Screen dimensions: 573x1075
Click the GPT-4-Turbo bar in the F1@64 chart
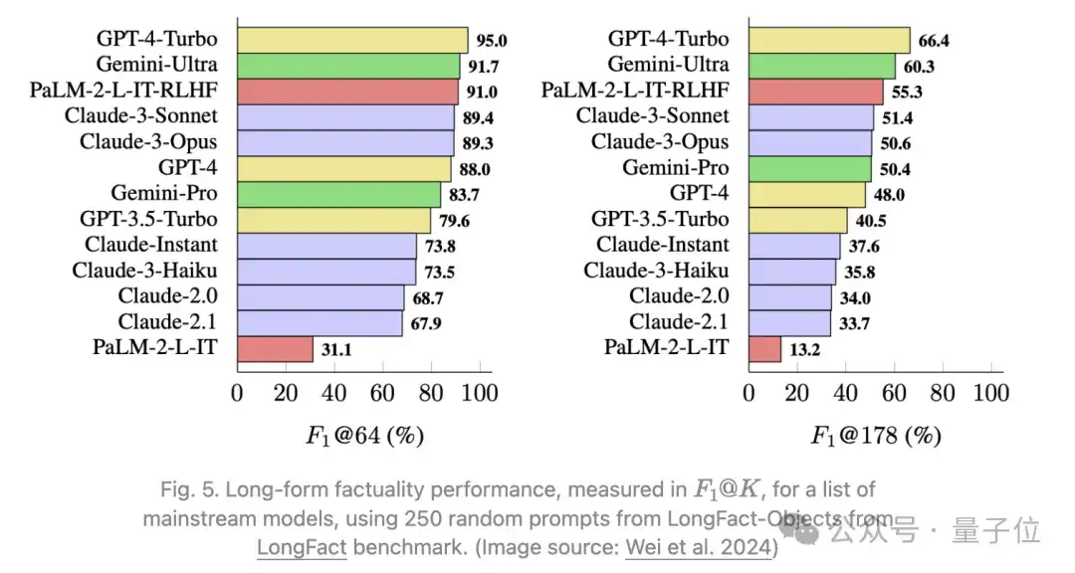click(x=352, y=40)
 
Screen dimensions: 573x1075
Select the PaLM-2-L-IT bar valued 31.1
click(x=275, y=349)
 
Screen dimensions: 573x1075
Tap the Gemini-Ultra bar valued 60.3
click(x=822, y=66)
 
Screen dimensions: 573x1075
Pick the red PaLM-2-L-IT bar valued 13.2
click(x=765, y=349)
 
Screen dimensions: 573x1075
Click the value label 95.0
click(x=492, y=41)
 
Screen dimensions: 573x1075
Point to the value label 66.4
click(x=935, y=41)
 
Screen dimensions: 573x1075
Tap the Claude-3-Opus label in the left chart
click(x=148, y=142)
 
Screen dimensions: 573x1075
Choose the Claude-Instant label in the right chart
click(x=662, y=245)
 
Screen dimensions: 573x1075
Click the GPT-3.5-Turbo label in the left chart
click(x=148, y=219)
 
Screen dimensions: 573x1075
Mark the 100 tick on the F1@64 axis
click(x=480, y=392)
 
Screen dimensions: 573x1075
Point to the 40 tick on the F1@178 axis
click(x=846, y=392)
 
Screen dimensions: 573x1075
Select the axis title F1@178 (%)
click(x=876, y=436)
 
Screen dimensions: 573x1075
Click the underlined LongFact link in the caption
click(x=302, y=546)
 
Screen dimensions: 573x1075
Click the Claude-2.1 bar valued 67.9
click(x=320, y=322)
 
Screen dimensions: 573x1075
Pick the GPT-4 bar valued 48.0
click(x=807, y=194)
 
